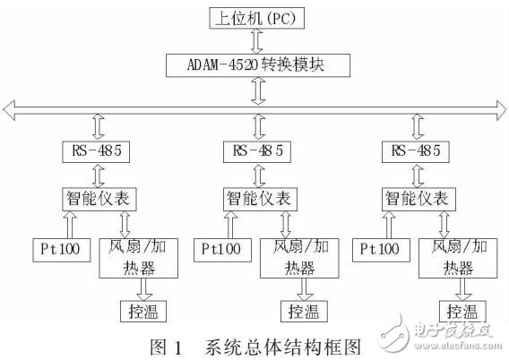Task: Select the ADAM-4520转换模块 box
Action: tap(254, 64)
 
